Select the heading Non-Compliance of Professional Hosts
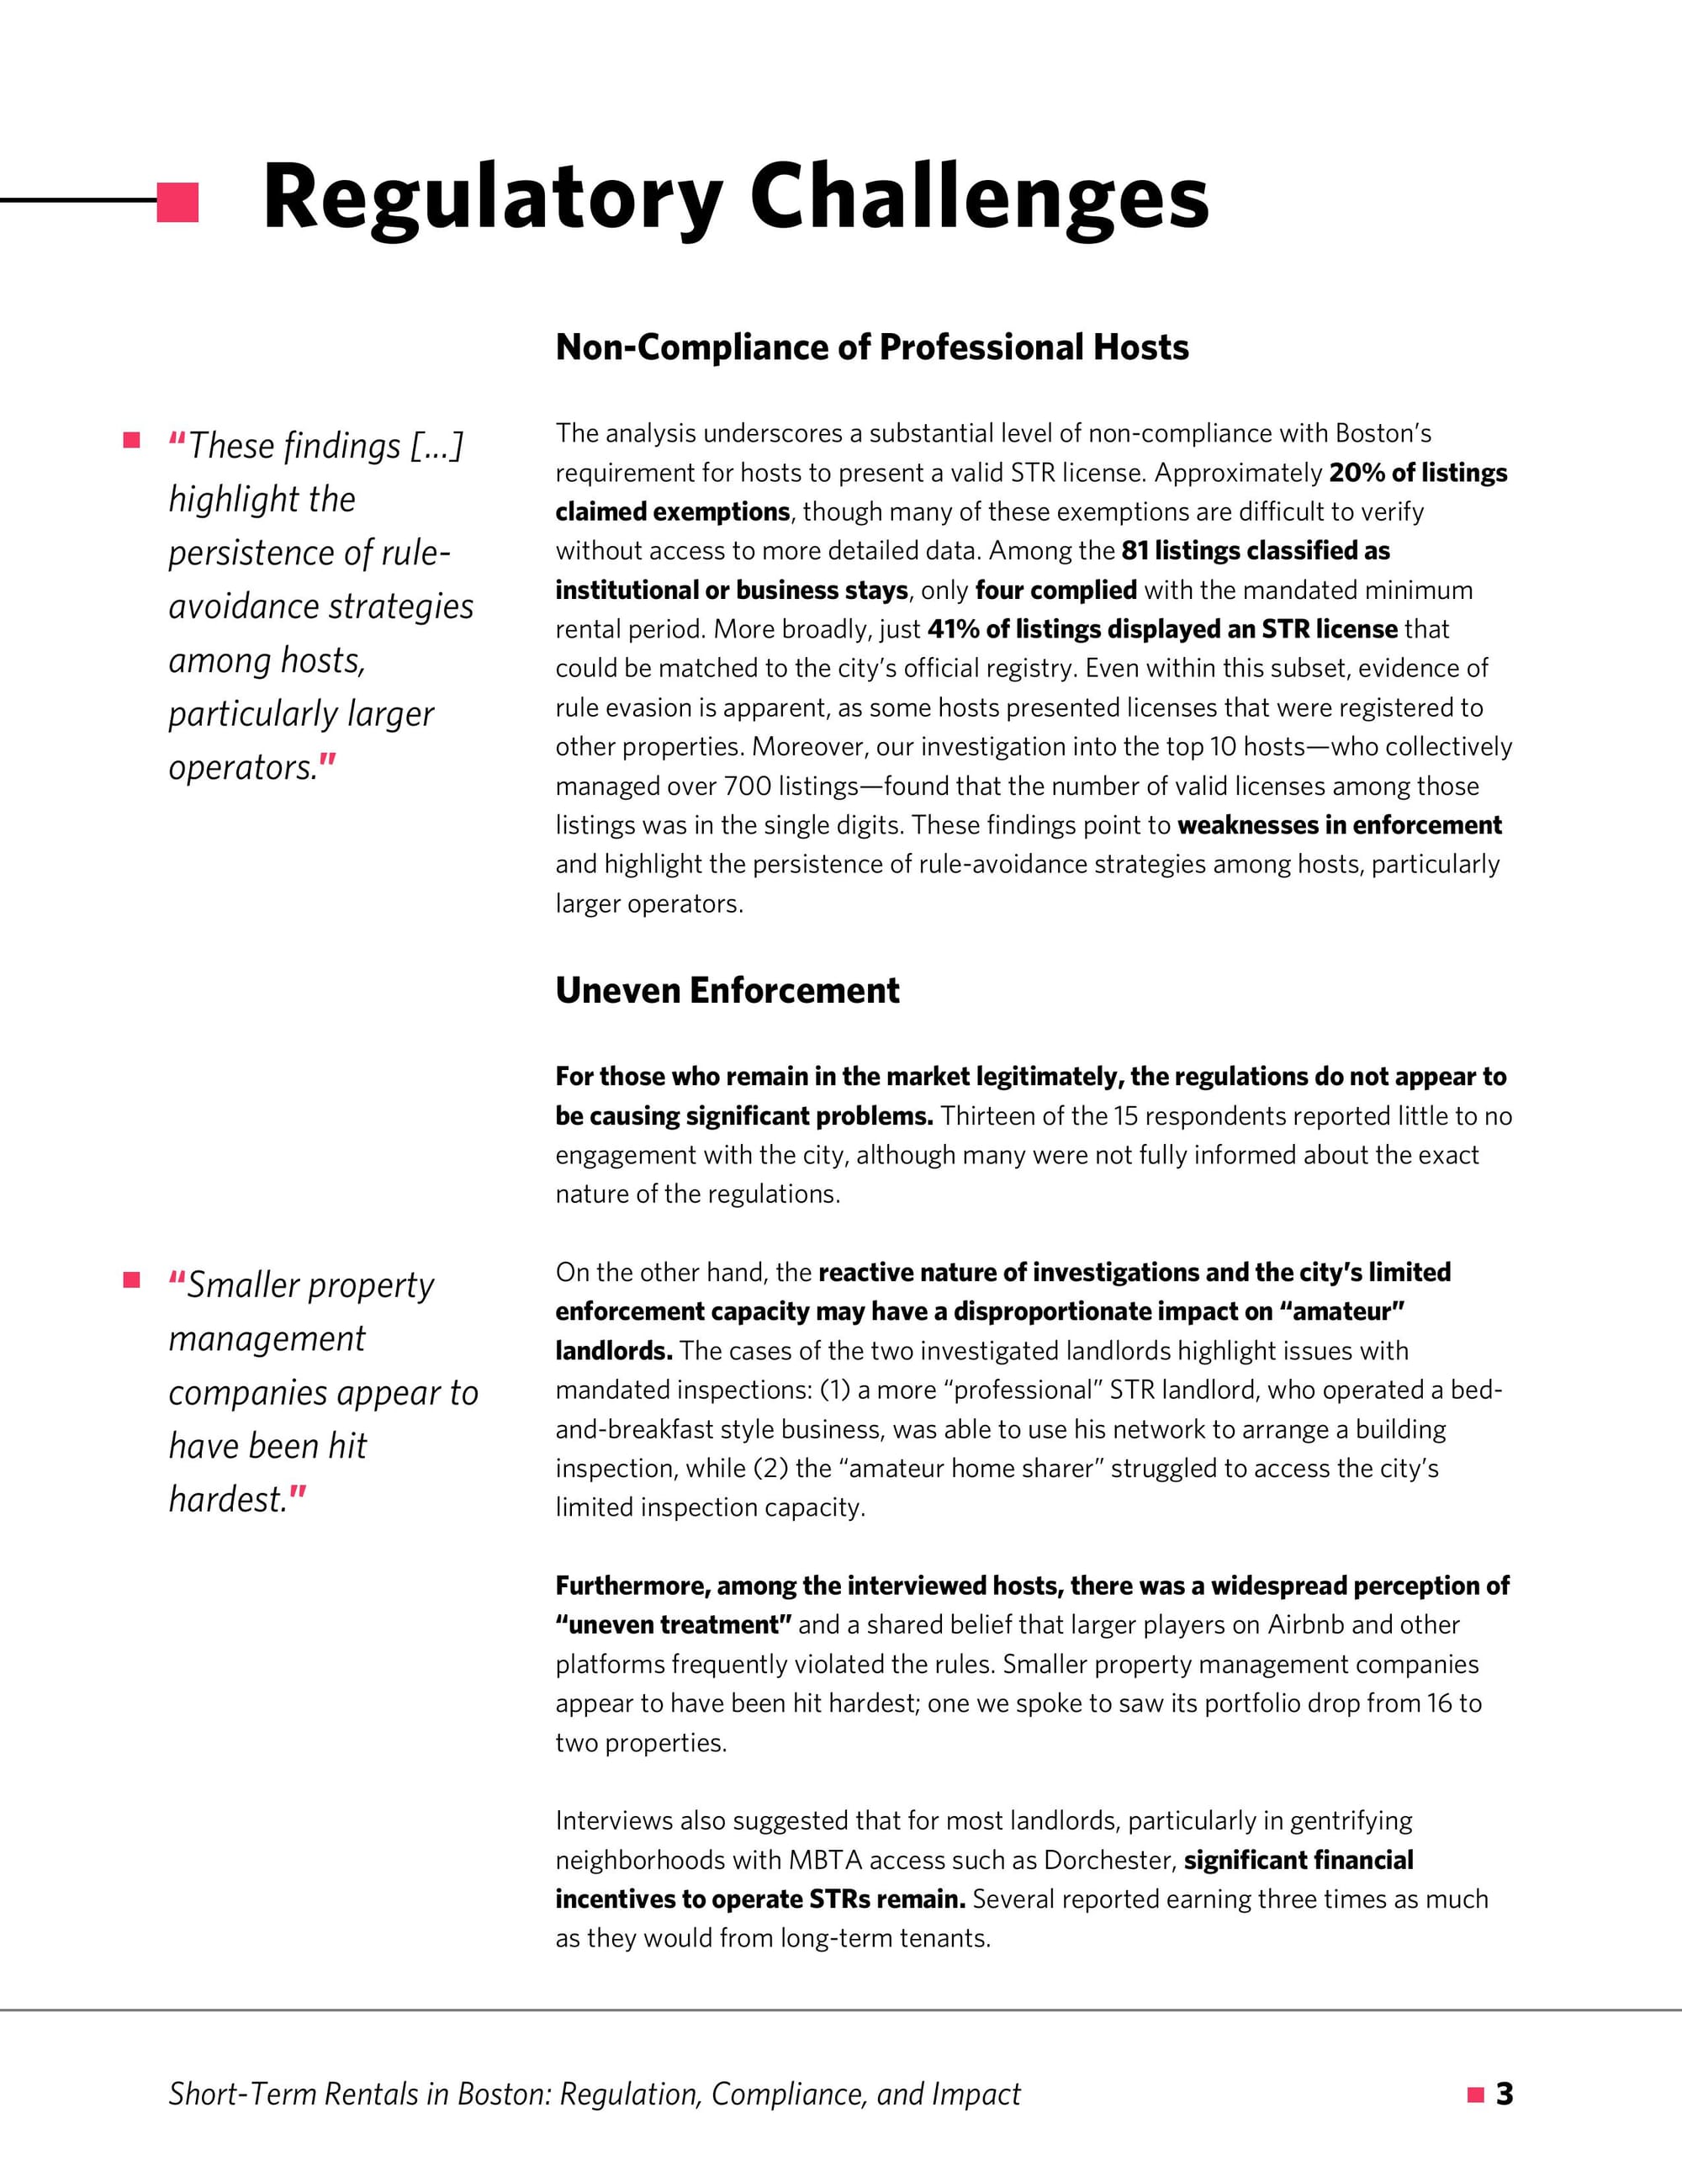tap(872, 347)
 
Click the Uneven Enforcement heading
tap(727, 990)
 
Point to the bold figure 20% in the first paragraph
tap(1357, 473)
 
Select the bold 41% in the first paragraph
tap(954, 629)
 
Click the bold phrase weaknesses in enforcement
tap(1339, 825)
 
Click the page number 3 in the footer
tap(1505, 2095)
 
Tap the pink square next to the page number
tap(1476, 2095)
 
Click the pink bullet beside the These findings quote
tap(131, 441)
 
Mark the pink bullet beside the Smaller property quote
tap(131, 1280)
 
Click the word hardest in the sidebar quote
tap(227, 1499)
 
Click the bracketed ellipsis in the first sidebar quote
tap(436, 446)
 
